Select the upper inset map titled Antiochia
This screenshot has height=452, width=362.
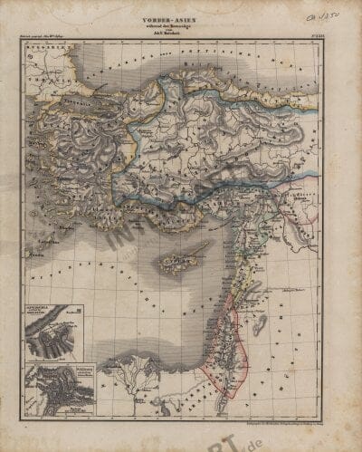[52, 329]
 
